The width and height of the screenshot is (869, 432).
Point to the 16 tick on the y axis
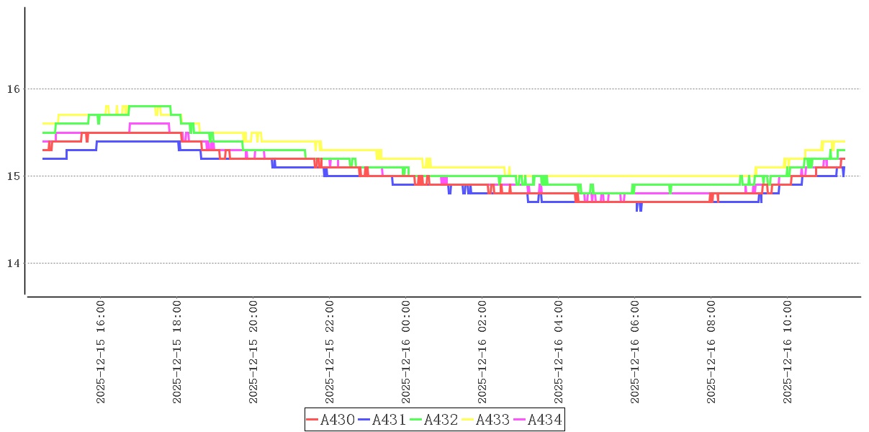pyautogui.click(x=12, y=89)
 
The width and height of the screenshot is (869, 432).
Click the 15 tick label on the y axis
pyautogui.click(x=12, y=176)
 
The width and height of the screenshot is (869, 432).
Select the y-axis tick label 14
pyautogui.click(x=12, y=263)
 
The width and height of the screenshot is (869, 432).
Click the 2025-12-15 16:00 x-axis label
pyautogui.click(x=101, y=352)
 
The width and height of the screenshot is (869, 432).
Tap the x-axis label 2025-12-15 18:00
pyautogui.click(x=177, y=352)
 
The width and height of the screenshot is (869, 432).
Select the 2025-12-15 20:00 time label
pyautogui.click(x=253, y=352)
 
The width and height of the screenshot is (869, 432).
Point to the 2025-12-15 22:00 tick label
pyautogui.click(x=330, y=352)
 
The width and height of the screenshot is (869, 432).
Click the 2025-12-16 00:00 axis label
pyautogui.click(x=406, y=352)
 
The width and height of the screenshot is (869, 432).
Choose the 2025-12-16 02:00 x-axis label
pyautogui.click(x=482, y=352)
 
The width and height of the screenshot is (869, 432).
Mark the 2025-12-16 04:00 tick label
pyautogui.click(x=559, y=352)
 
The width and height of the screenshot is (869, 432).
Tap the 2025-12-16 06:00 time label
pyautogui.click(x=635, y=352)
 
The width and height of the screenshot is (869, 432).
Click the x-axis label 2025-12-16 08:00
pyautogui.click(x=711, y=352)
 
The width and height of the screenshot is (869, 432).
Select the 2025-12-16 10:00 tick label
pyautogui.click(x=788, y=352)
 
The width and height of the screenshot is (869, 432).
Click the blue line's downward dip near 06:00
pyautogui.click(x=639, y=210)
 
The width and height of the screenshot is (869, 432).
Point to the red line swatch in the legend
pyautogui.click(x=312, y=420)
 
